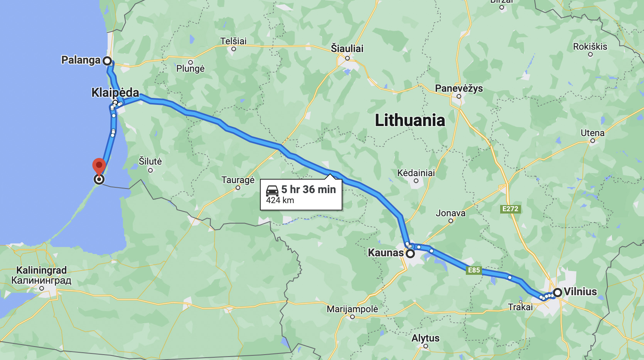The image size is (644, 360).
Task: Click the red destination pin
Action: (x=99, y=165)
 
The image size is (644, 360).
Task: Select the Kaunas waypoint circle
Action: (x=410, y=254)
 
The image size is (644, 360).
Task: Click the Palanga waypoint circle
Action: (x=107, y=61)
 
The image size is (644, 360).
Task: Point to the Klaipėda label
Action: (x=115, y=93)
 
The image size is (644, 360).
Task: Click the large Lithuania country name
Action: (x=410, y=120)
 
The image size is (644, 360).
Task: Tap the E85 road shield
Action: (x=474, y=270)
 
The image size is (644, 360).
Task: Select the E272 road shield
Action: (x=510, y=209)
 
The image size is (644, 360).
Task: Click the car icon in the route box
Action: (x=272, y=190)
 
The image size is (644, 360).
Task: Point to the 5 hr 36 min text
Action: (x=309, y=189)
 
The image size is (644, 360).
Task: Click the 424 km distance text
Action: (x=280, y=200)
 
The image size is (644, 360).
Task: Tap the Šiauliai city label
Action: (x=347, y=49)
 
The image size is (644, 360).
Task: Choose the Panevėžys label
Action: (x=459, y=88)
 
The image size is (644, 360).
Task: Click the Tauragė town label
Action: (x=238, y=180)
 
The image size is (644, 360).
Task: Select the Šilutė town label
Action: (x=150, y=161)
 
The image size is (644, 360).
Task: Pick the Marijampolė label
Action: (x=352, y=309)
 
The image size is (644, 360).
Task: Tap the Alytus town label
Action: (x=425, y=338)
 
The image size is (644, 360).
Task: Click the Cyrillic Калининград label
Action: (x=41, y=280)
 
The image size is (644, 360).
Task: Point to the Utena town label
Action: (x=592, y=133)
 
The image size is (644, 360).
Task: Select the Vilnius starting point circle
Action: (x=558, y=293)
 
